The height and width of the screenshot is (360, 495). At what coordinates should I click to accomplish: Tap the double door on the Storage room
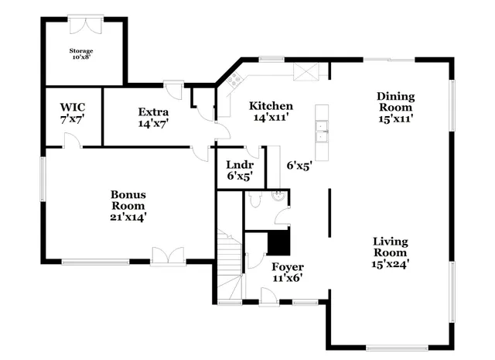(x=85, y=24)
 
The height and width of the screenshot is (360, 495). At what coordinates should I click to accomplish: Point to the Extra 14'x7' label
(x=153, y=117)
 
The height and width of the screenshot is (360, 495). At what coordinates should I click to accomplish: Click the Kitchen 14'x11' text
(x=271, y=111)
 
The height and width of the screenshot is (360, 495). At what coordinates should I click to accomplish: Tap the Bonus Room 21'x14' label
(x=128, y=206)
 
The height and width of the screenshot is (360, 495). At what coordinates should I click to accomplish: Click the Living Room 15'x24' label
(x=391, y=252)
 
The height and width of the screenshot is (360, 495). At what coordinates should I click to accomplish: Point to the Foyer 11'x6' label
(x=287, y=273)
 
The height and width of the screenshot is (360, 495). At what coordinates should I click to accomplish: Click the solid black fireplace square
(x=278, y=243)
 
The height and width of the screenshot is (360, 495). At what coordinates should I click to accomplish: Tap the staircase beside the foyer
(x=229, y=263)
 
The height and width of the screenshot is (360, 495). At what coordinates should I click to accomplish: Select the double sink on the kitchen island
(x=322, y=132)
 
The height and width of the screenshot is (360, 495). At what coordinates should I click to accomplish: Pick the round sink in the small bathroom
(x=279, y=197)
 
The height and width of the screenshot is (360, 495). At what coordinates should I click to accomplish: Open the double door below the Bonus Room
(x=168, y=256)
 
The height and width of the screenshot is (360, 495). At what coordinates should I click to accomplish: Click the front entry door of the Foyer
(x=268, y=296)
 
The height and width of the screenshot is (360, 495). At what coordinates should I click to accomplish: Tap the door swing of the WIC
(x=70, y=139)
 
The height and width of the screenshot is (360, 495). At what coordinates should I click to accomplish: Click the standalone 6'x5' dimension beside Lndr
(x=299, y=165)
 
